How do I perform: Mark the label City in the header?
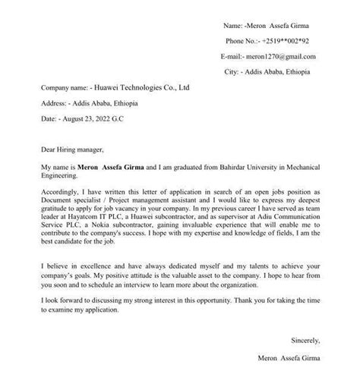click(232, 71)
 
